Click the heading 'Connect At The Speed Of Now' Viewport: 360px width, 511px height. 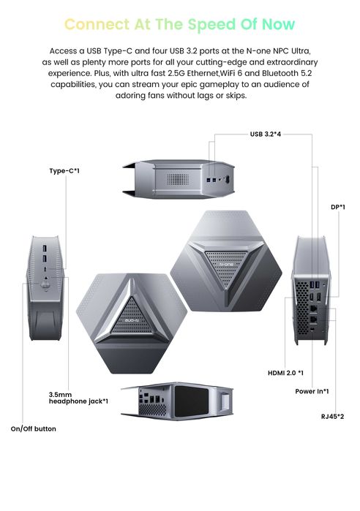click(180, 24)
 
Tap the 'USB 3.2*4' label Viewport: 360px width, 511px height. click(266, 134)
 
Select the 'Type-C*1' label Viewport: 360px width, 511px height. click(64, 171)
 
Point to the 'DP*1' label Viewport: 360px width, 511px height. click(338, 207)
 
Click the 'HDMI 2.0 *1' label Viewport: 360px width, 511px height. click(285, 373)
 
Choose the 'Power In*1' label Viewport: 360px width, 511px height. click(312, 391)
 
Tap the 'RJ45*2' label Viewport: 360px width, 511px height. click(333, 417)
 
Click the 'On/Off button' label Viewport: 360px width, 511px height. click(33, 429)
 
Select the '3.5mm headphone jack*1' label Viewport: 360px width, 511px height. click(78, 398)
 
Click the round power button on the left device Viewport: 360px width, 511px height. click(45, 285)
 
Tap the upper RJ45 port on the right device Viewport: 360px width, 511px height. click(313, 308)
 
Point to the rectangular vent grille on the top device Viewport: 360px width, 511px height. click(178, 179)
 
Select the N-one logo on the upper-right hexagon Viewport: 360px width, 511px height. click(227, 265)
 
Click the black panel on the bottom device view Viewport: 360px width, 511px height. click(192, 401)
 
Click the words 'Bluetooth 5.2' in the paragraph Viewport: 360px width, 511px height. click(287, 73)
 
